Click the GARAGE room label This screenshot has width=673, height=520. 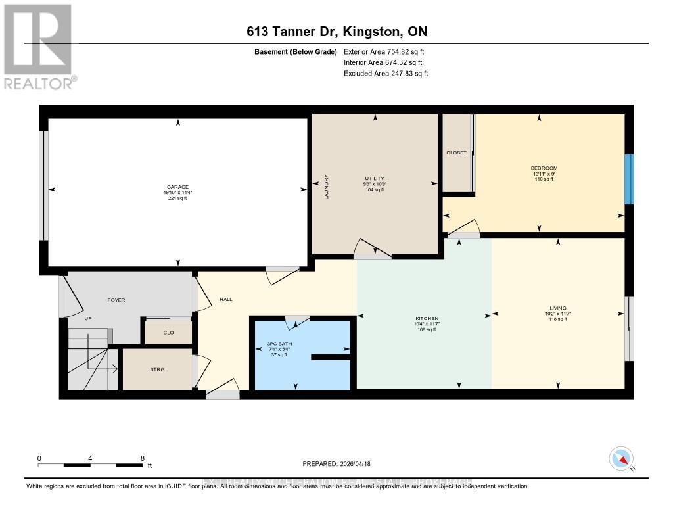click(x=177, y=187)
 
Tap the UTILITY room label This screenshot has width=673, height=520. click(x=374, y=178)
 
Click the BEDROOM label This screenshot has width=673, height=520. click(x=544, y=168)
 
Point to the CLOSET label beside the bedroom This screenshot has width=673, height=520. click(x=456, y=153)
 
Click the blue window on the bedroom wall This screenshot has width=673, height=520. click(x=629, y=179)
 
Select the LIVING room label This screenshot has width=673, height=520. click(x=558, y=308)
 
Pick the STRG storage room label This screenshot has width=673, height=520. click(x=157, y=369)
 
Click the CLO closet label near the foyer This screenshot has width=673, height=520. click(x=168, y=333)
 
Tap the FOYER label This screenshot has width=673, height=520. click(x=116, y=300)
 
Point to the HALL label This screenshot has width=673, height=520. click(x=226, y=300)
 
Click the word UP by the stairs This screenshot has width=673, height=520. click(x=87, y=318)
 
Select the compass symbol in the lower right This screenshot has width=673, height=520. click(x=621, y=458)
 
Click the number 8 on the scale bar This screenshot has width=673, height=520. click(x=143, y=458)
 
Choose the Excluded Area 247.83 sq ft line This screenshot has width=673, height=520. click(x=386, y=74)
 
